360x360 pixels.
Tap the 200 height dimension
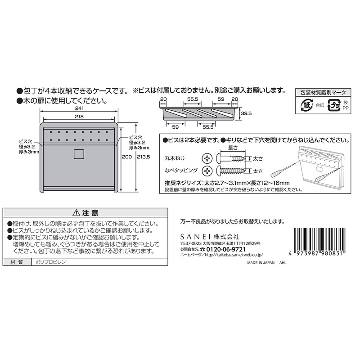pos(128,157)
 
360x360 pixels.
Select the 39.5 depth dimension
pos(245,114)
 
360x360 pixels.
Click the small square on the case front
pos(79,153)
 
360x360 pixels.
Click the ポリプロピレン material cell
pos(50,262)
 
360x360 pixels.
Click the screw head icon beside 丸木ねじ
pos(207,158)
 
